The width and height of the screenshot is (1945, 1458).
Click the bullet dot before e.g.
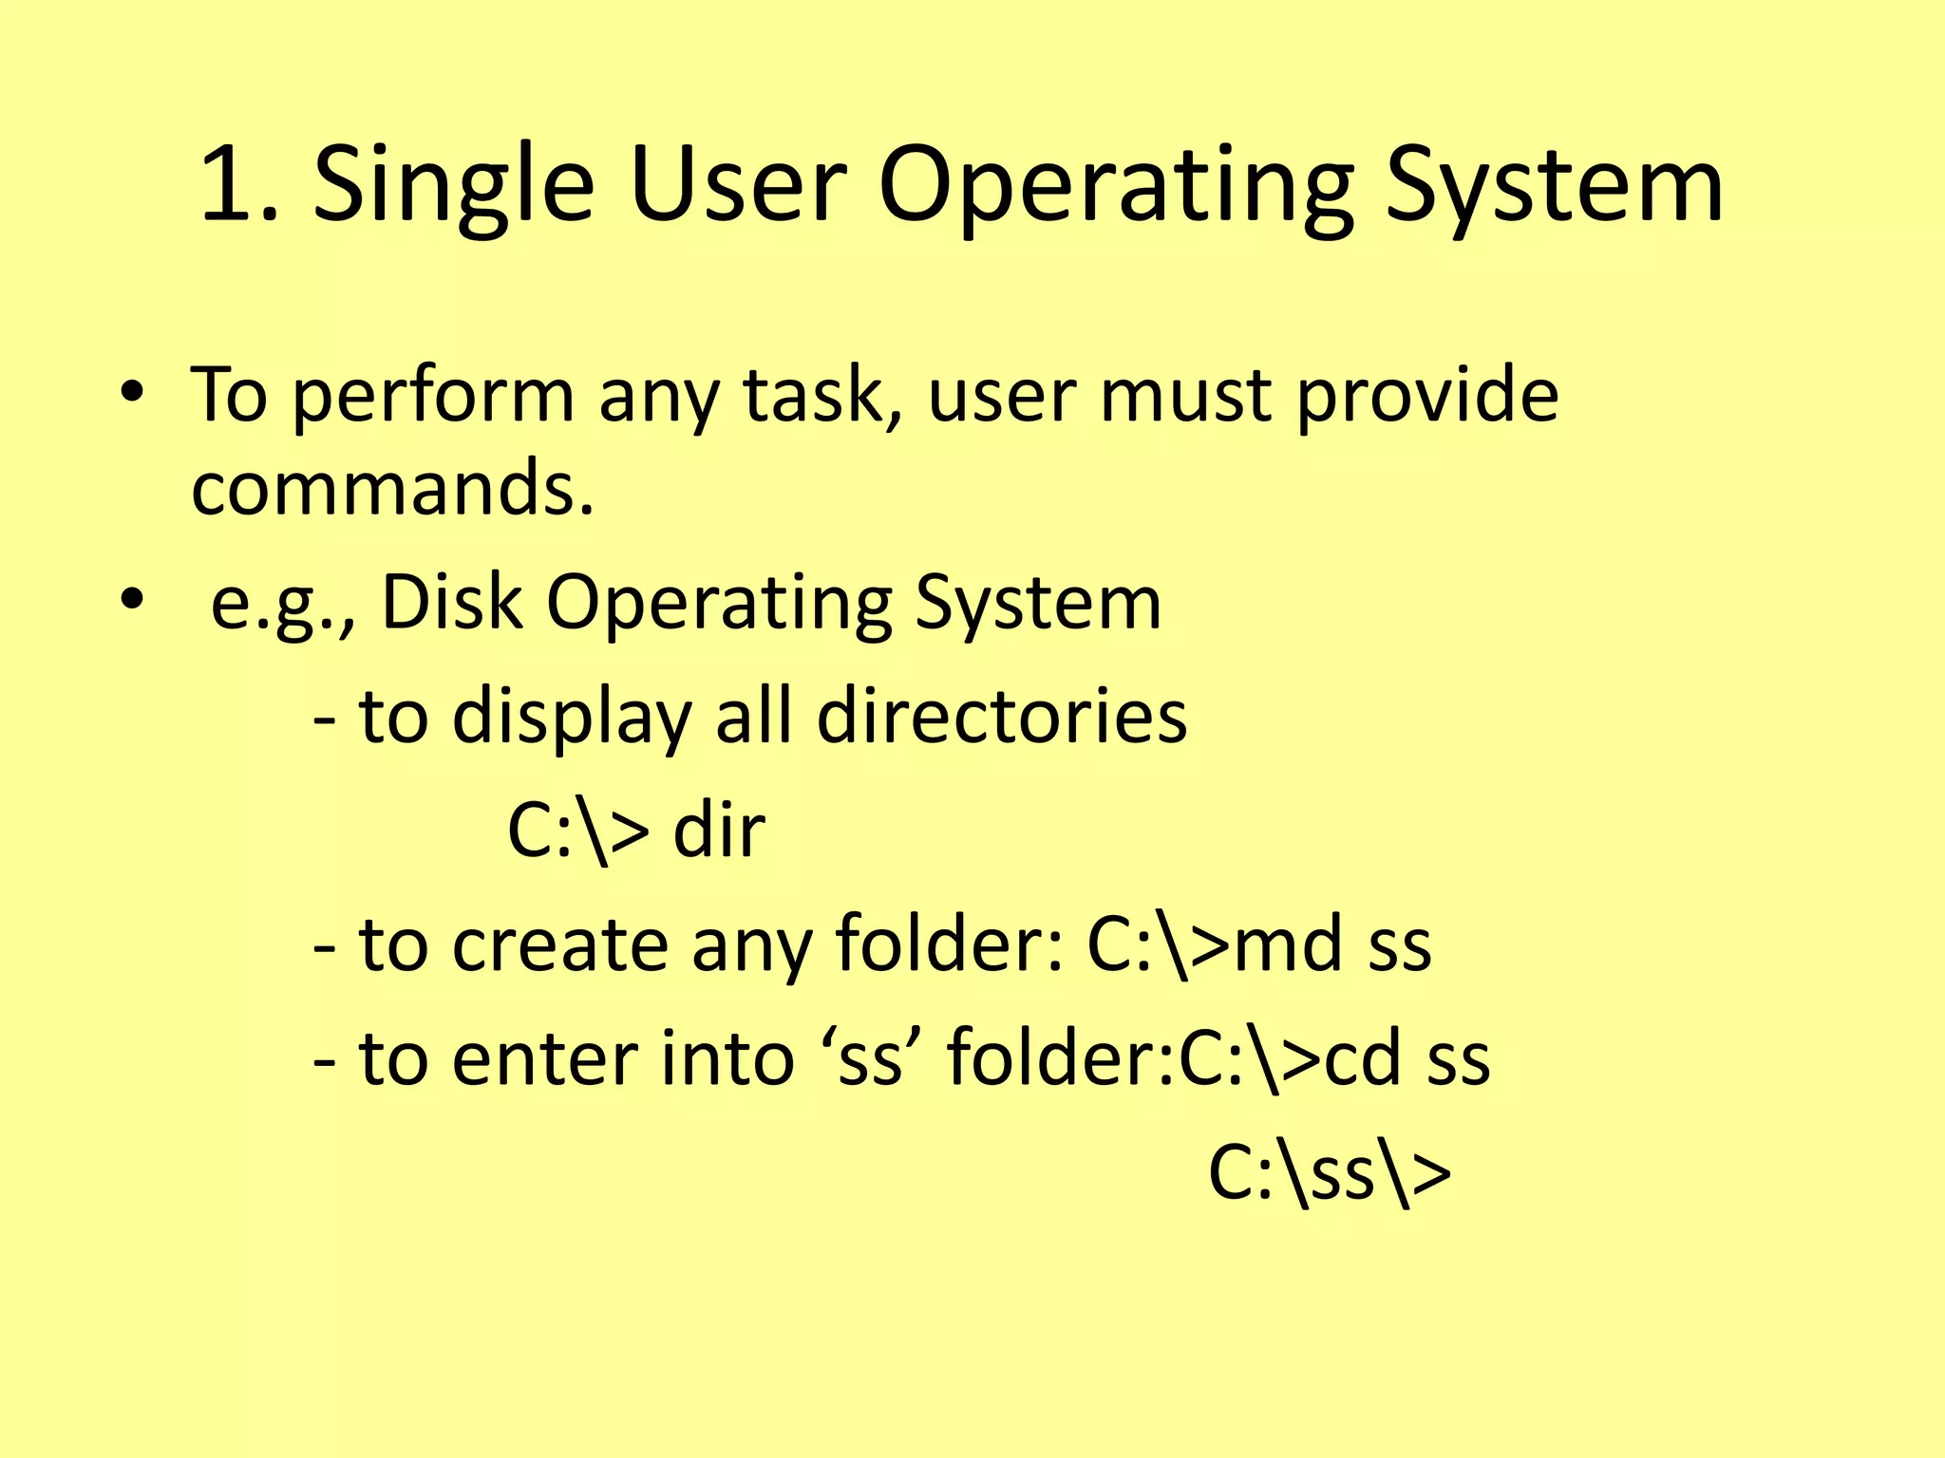132,599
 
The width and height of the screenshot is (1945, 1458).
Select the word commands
392,489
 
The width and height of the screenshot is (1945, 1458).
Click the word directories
1002,716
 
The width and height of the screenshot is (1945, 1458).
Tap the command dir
719,831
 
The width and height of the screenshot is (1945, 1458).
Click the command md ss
1332,945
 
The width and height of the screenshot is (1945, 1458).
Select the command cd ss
1407,1058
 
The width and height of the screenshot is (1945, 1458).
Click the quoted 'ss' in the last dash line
869,1058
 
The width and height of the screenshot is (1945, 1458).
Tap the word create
560,945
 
